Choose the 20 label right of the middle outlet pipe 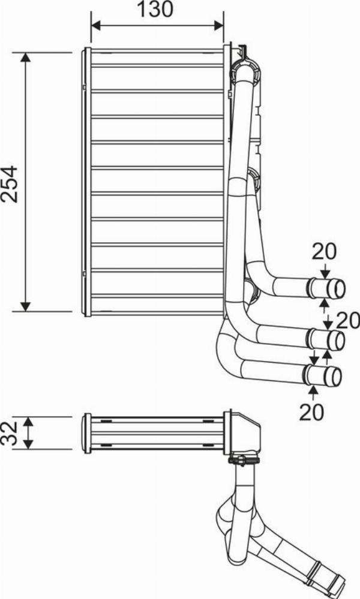(348, 320)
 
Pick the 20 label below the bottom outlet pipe (312, 412)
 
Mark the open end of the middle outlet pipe (339, 341)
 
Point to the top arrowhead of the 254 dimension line (25, 58)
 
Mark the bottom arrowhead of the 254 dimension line (25, 306)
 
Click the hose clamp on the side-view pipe (244, 460)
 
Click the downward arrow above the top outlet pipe (325, 272)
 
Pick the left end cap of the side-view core (87, 433)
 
